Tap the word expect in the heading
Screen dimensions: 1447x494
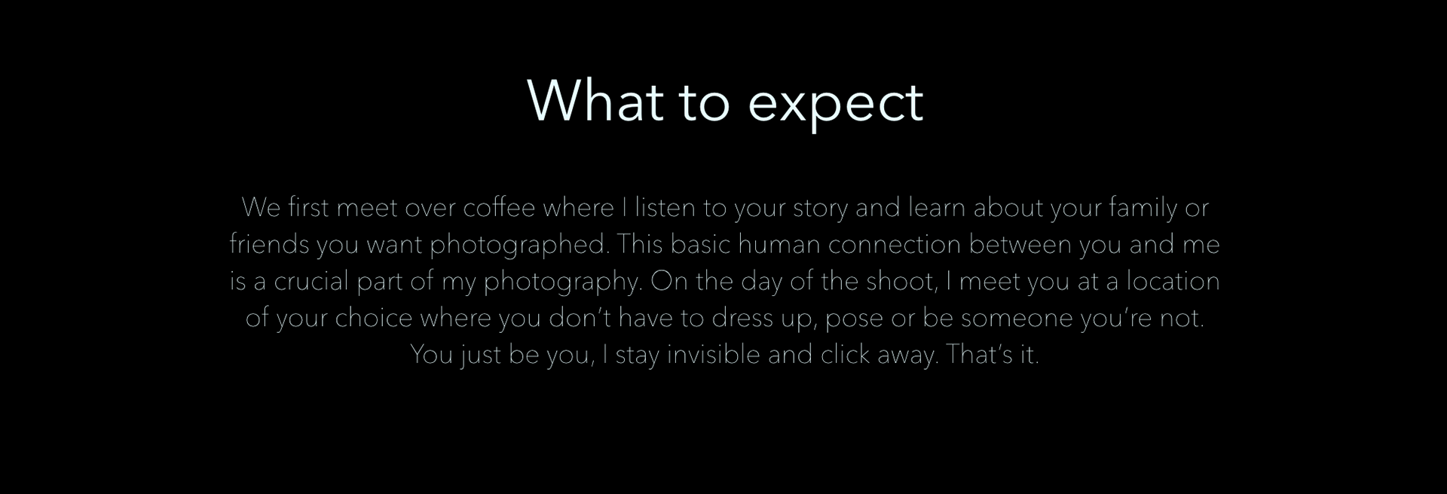tap(835, 105)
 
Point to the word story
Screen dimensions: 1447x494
tap(820, 209)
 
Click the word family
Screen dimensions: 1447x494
tap(1143, 208)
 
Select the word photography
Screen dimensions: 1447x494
tap(562, 282)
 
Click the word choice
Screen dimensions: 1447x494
tap(373, 318)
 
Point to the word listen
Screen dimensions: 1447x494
tap(665, 207)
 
